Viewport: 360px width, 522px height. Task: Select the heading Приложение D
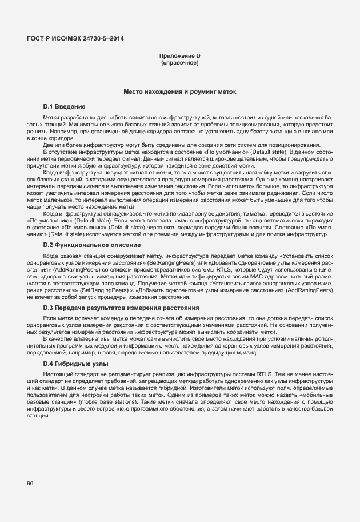(x=179, y=55)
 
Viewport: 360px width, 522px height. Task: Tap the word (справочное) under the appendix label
(x=179, y=62)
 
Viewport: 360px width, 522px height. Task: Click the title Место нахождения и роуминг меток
(x=179, y=91)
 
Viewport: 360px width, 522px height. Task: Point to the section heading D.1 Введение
(x=64, y=106)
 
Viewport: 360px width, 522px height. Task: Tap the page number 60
(x=30, y=484)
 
